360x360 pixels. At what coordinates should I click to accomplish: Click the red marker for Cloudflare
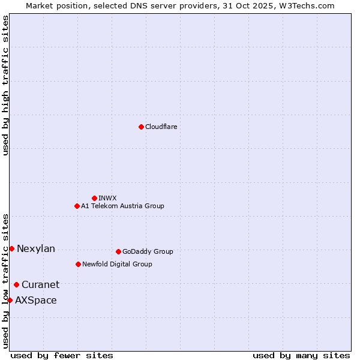coord(141,127)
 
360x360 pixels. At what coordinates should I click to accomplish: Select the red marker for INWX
coord(94,198)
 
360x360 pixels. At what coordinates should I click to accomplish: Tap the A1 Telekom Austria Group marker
coord(77,206)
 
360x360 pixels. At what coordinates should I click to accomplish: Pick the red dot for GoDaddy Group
coord(118,251)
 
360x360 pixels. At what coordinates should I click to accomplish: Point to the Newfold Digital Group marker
coord(78,264)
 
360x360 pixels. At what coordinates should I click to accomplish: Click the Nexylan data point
coord(11,248)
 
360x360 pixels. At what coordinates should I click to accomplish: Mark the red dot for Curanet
coord(16,284)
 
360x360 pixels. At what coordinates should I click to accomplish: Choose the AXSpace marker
coord(10,300)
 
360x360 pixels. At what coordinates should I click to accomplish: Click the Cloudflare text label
coord(161,127)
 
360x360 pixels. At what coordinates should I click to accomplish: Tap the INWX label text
coord(107,198)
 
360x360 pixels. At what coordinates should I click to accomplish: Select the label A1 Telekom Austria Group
coord(122,206)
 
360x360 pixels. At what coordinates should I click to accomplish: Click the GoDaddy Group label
coord(148,251)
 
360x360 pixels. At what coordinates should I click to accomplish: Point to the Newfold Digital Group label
coord(117,264)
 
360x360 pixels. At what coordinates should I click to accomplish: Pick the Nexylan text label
coord(36,249)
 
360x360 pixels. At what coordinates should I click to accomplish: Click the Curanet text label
coord(41,285)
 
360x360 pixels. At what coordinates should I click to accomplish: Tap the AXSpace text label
coord(36,301)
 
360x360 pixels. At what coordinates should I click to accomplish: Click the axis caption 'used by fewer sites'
coord(62,355)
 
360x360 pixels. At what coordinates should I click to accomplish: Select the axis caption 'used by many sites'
coord(301,355)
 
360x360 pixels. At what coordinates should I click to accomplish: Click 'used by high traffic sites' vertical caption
coord(5,85)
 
